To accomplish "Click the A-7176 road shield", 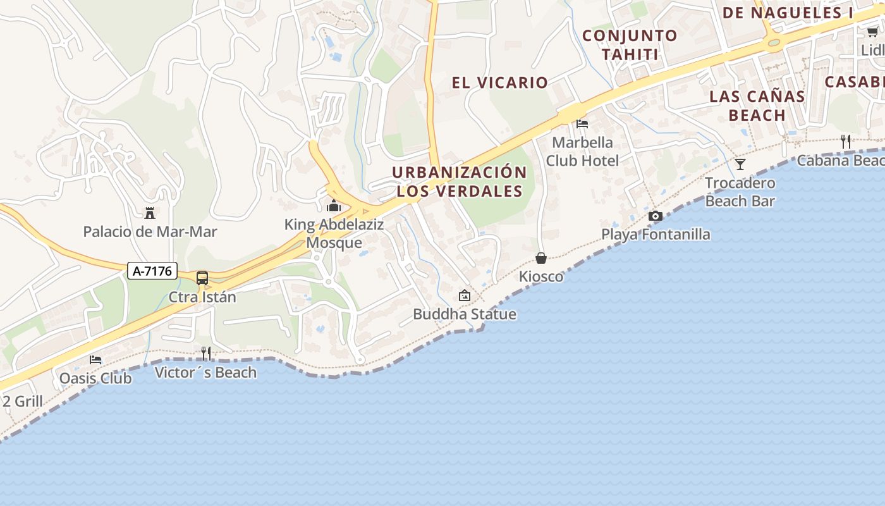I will click(x=152, y=271).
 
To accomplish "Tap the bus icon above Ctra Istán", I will click(x=202, y=278).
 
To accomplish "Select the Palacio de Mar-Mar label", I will click(x=150, y=231).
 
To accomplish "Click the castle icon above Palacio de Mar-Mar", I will click(x=150, y=213).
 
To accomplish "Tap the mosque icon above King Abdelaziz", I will click(x=334, y=206).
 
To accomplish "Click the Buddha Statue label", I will click(x=465, y=314).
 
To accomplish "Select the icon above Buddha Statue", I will click(x=465, y=295).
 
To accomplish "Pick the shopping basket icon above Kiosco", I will click(x=541, y=258).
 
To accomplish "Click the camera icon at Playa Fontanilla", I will click(x=656, y=216).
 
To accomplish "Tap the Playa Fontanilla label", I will click(x=656, y=235).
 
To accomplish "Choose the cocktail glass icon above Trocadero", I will click(x=740, y=164).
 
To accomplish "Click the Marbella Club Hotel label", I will click(x=582, y=151).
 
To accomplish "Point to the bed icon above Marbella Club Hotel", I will click(x=582, y=123).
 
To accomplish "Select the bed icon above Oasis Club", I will click(x=95, y=359).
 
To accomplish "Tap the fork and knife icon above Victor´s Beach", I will click(x=206, y=353).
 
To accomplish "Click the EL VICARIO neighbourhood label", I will click(x=499, y=82).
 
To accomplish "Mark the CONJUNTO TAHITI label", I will click(x=630, y=45).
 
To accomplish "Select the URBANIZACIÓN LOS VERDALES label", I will click(x=460, y=182).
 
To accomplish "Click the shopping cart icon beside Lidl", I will click(x=872, y=32).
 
